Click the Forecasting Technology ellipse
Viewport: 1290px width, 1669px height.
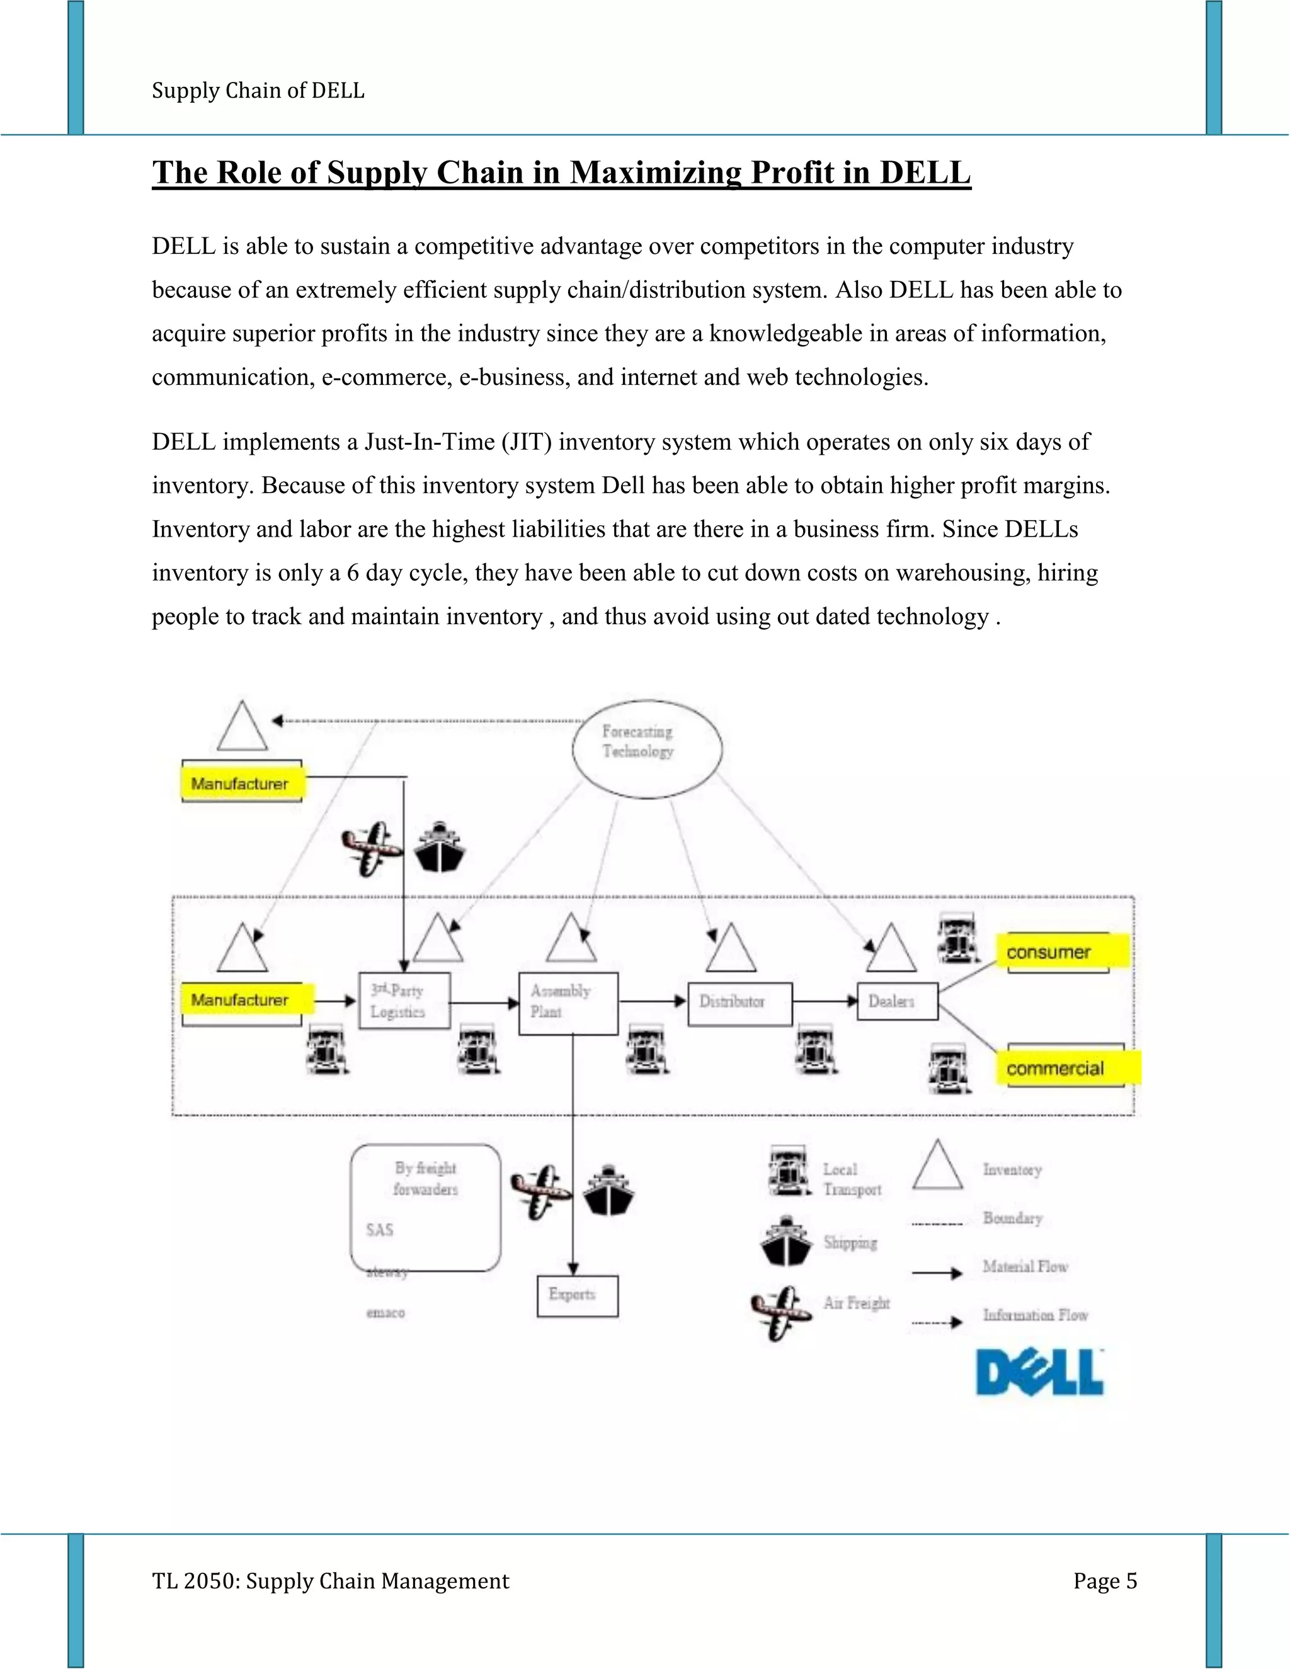click(646, 748)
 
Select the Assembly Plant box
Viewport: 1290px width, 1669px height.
click(568, 1003)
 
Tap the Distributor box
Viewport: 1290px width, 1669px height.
click(739, 1003)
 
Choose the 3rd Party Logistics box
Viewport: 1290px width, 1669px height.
click(404, 1000)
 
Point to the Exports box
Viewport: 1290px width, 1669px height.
click(577, 1296)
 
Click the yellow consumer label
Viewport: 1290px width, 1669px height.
click(1061, 952)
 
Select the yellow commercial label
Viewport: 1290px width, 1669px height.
click(1067, 1068)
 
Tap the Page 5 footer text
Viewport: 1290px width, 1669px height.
click(1104, 1581)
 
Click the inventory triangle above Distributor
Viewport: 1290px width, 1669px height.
click(731, 949)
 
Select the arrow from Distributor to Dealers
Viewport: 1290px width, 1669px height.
click(825, 1001)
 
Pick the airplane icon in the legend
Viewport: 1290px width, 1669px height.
click(780, 1311)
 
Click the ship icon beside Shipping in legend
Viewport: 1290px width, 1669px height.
click(785, 1242)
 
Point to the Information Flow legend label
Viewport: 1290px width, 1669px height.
click(1035, 1315)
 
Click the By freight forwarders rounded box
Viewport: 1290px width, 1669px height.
click(425, 1207)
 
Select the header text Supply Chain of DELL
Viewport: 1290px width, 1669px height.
click(258, 90)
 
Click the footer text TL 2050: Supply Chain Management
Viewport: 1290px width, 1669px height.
click(330, 1581)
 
